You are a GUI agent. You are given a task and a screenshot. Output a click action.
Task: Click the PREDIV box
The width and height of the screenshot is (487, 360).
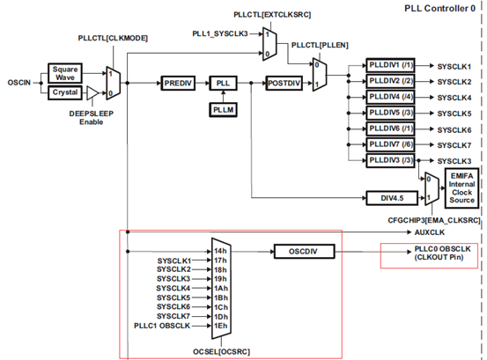coord(178,83)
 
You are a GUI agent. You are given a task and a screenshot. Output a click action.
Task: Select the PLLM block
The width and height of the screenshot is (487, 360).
coord(223,109)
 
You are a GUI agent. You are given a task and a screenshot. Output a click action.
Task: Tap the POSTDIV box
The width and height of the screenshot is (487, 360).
coord(284,83)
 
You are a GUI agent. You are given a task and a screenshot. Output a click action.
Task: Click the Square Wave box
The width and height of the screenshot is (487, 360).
coord(65,73)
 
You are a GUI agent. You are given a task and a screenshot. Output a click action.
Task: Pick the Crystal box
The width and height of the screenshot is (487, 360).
coord(65,92)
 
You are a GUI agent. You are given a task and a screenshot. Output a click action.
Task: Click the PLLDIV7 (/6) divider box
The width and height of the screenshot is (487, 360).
coord(390,144)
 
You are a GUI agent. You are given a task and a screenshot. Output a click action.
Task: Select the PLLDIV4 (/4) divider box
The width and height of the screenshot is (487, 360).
coord(390,97)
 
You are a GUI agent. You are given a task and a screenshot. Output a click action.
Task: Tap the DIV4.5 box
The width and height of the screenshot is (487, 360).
coord(392,198)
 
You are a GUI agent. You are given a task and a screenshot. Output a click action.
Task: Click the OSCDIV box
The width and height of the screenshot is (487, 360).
coord(304,251)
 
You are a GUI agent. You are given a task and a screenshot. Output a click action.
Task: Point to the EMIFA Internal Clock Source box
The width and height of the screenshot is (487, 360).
coord(461,188)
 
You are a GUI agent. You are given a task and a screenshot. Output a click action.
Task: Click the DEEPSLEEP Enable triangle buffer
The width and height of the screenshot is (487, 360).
coord(92,92)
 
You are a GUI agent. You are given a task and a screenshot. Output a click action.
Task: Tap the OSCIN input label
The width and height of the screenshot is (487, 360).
coord(19,83)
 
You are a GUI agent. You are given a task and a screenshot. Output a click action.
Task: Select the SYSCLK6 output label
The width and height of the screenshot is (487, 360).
coord(454,130)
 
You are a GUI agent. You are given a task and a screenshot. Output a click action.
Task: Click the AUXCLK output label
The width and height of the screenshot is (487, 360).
coord(430,232)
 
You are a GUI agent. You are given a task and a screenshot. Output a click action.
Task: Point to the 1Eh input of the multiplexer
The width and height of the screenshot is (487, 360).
coord(221,326)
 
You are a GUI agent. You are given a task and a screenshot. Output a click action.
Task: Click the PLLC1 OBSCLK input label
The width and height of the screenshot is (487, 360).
coord(162,326)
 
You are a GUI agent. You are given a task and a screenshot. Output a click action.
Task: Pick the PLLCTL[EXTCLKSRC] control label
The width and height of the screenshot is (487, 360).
coord(272,15)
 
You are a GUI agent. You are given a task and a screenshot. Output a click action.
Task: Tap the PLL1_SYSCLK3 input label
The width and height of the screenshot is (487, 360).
coord(220,33)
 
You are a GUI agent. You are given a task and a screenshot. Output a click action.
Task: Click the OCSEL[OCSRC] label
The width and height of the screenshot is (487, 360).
coord(221,351)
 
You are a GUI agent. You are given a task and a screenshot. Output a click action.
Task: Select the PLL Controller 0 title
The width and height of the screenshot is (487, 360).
coord(439,9)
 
